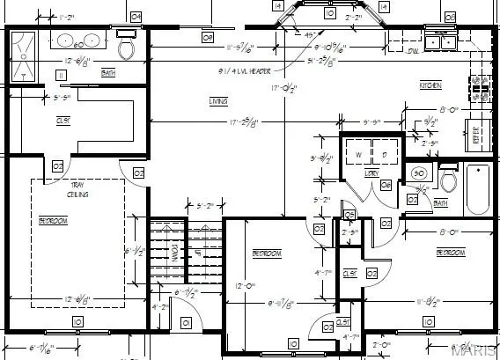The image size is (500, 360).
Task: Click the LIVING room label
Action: [x=217, y=101]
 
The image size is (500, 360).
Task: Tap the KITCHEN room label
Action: [x=430, y=85]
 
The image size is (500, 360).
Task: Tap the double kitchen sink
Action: [x=440, y=40]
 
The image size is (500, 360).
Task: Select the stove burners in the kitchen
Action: [x=480, y=85]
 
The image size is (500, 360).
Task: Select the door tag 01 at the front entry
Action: [x=186, y=323]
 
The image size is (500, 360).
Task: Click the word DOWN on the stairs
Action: [x=175, y=252]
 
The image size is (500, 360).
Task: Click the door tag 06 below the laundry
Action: [x=349, y=215]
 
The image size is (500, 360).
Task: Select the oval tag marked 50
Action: [x=419, y=173]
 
